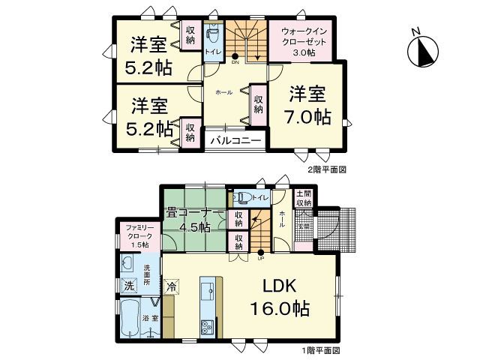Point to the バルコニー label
point(234,140)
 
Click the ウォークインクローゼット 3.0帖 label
point(304,41)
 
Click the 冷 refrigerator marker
point(172,286)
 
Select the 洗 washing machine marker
point(129,285)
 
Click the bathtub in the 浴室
point(128,319)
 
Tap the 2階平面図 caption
point(325,169)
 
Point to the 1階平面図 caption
point(320,349)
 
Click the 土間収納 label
point(303,198)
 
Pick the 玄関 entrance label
point(304,224)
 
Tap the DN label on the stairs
point(235,63)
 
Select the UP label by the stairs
point(261,259)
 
